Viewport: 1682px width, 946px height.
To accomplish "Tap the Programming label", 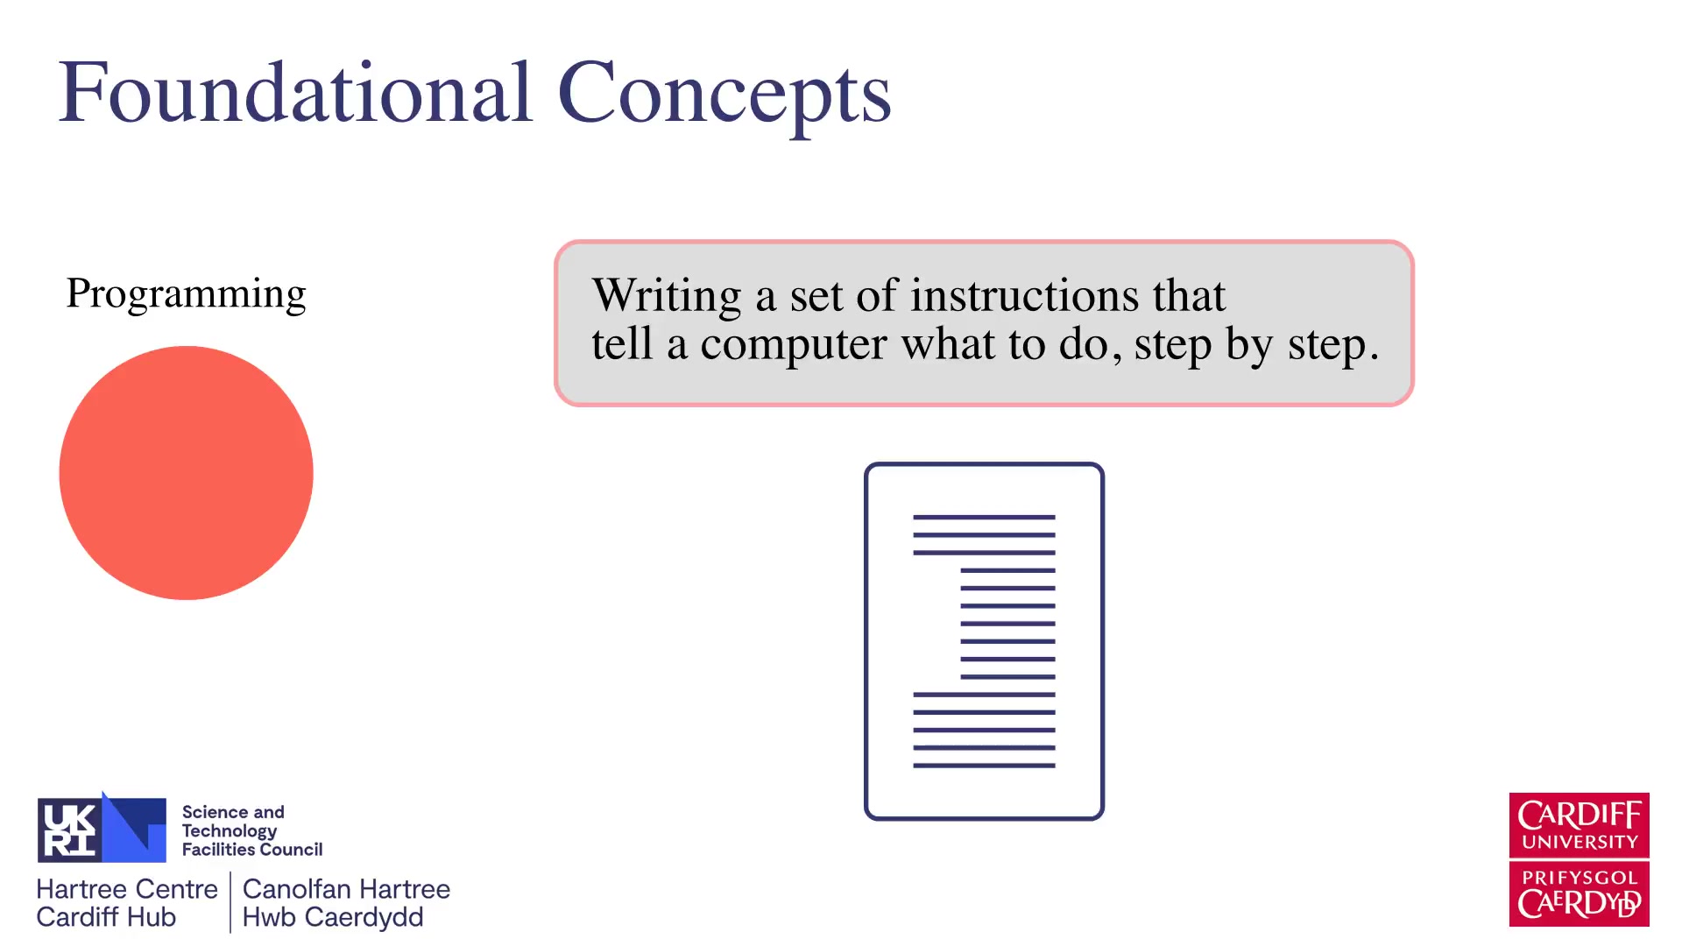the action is (x=187, y=294).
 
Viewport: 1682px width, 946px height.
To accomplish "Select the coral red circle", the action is (x=186, y=473).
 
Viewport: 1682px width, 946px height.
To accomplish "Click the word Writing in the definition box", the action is (x=667, y=296).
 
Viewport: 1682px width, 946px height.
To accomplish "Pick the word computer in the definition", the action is (x=794, y=344).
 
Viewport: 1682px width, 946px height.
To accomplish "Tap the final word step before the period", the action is (x=1326, y=345).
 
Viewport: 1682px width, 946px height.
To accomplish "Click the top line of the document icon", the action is (x=984, y=517).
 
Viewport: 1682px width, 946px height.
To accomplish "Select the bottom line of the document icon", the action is (x=984, y=766).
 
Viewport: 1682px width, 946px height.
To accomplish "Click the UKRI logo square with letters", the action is (x=70, y=830).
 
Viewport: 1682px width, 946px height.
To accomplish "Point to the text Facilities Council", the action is (x=252, y=850).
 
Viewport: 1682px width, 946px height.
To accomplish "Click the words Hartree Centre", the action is (x=127, y=889).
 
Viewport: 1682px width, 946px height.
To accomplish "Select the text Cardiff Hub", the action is (x=106, y=917).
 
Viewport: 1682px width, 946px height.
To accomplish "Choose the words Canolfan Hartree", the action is (x=346, y=889).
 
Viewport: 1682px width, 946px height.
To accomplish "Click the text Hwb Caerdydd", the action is (x=333, y=917).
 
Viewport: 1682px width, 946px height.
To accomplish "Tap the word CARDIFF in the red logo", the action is (x=1580, y=815).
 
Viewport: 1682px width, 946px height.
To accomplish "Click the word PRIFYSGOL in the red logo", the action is (x=1580, y=878).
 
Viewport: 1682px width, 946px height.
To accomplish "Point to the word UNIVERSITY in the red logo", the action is (x=1580, y=842).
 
